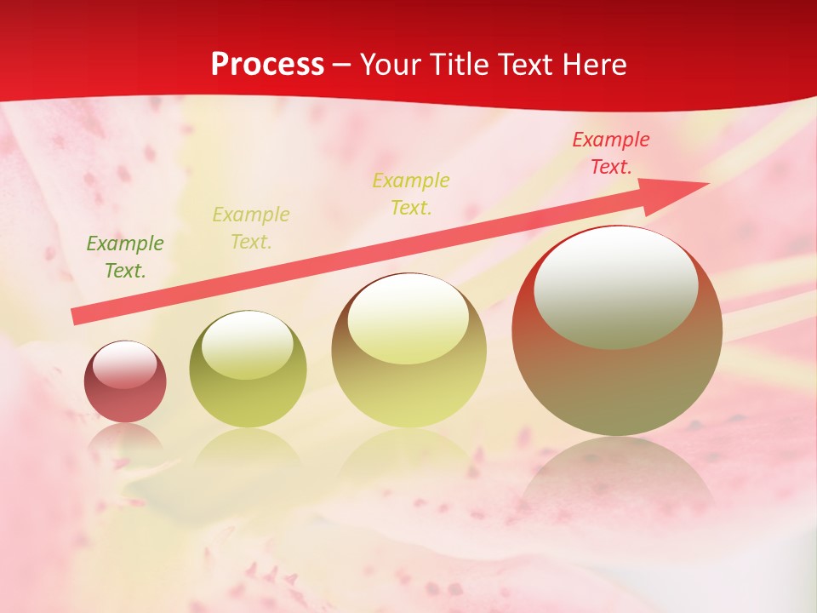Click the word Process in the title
pos(267,65)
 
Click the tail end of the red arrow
pos(77,317)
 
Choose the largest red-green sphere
pos(617,383)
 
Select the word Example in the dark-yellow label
pos(411,180)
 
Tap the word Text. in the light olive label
pos(251,242)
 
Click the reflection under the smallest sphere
pos(125,438)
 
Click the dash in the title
pos(341,65)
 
